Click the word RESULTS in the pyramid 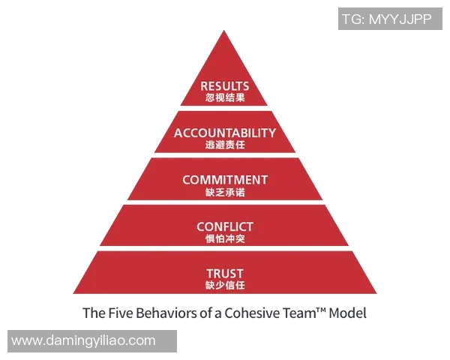coord(225,86)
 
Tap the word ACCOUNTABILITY coord(225,133)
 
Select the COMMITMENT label coord(225,180)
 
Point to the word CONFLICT coord(225,226)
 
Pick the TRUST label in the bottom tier coord(225,274)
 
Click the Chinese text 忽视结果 coord(225,97)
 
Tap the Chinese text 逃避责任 coord(225,145)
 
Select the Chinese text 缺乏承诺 coord(225,192)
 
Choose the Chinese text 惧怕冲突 coord(225,238)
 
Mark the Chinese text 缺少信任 coord(225,285)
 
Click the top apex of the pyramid coord(223,30)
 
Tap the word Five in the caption coord(120,313)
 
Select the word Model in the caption coord(347,313)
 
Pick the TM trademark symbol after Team coord(321,310)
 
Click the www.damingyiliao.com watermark coord(83,340)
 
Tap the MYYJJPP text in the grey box coord(400,19)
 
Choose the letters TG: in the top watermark coord(353,19)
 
